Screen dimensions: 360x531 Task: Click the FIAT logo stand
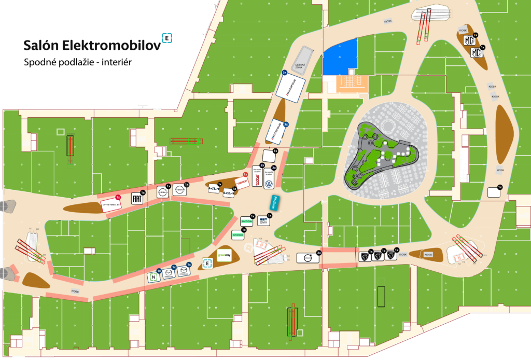(137, 199)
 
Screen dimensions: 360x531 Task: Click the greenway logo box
(224, 255)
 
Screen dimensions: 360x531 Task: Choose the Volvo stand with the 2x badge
(308, 258)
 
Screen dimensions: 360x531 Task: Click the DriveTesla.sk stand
(111, 204)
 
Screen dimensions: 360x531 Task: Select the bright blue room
(340, 57)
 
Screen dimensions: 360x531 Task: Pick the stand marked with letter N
(153, 277)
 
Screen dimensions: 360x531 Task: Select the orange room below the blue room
(353, 82)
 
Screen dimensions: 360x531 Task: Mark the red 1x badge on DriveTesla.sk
(118, 198)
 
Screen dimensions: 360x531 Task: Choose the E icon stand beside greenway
(207, 264)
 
